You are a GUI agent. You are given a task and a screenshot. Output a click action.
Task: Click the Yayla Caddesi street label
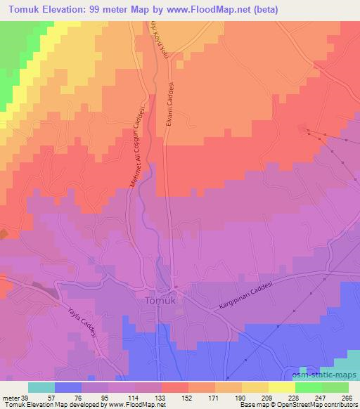[x=84, y=322]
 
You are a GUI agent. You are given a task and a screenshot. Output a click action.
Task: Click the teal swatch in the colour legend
[x=41, y=387]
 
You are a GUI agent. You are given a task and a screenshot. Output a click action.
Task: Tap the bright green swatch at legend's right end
[x=335, y=387]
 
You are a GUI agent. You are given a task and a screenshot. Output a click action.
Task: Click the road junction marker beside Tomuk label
[x=176, y=289]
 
